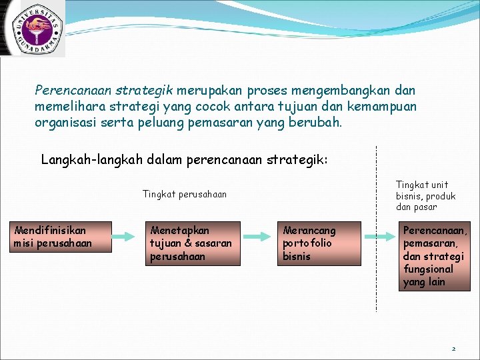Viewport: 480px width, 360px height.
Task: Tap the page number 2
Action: (453, 349)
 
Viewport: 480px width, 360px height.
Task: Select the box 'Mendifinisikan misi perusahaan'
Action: (53, 237)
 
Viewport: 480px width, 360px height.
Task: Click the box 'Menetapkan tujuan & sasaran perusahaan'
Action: (192, 243)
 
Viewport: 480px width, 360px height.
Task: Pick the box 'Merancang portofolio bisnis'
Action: (319, 243)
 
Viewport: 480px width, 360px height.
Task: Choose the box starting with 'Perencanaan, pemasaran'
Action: (434, 256)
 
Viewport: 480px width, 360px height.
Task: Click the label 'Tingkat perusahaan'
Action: (185, 194)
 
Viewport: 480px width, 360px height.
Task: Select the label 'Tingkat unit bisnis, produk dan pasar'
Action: (425, 196)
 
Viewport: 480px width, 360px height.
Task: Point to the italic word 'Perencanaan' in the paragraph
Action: (73, 89)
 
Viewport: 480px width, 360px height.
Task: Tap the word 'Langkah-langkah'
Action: (85, 160)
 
